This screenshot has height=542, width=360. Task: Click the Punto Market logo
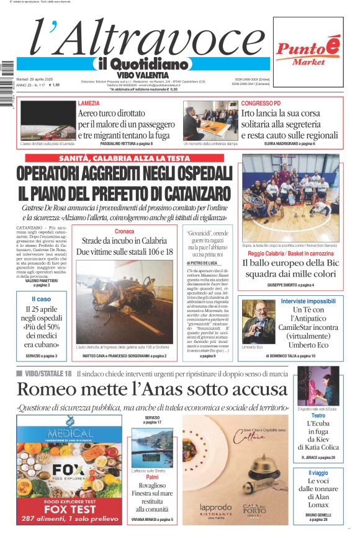coord(308,52)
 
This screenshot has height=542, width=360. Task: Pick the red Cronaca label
coord(124,231)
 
